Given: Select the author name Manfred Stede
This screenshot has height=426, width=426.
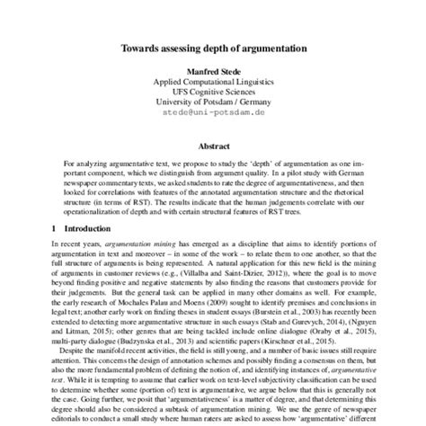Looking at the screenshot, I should pyautogui.click(x=213, y=69).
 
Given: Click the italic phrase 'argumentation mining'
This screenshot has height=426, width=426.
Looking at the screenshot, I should pyautogui.click(x=138, y=244).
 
